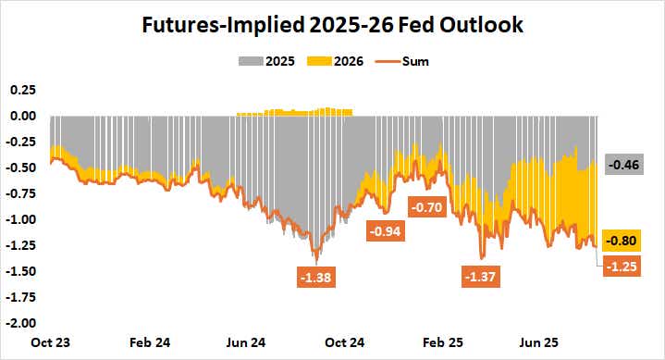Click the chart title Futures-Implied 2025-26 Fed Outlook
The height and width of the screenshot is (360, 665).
tap(332, 25)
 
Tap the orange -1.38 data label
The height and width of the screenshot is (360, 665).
tap(317, 276)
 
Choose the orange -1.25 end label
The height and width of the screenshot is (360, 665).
tap(622, 266)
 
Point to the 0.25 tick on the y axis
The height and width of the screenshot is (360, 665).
tap(22, 90)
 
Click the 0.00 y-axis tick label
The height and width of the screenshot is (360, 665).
tap(22, 116)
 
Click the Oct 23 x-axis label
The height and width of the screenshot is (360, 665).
tap(51, 341)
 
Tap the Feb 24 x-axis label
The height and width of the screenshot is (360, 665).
tap(149, 341)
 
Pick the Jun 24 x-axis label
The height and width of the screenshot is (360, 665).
tap(247, 341)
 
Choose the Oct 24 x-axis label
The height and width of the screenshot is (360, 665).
tap(345, 341)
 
